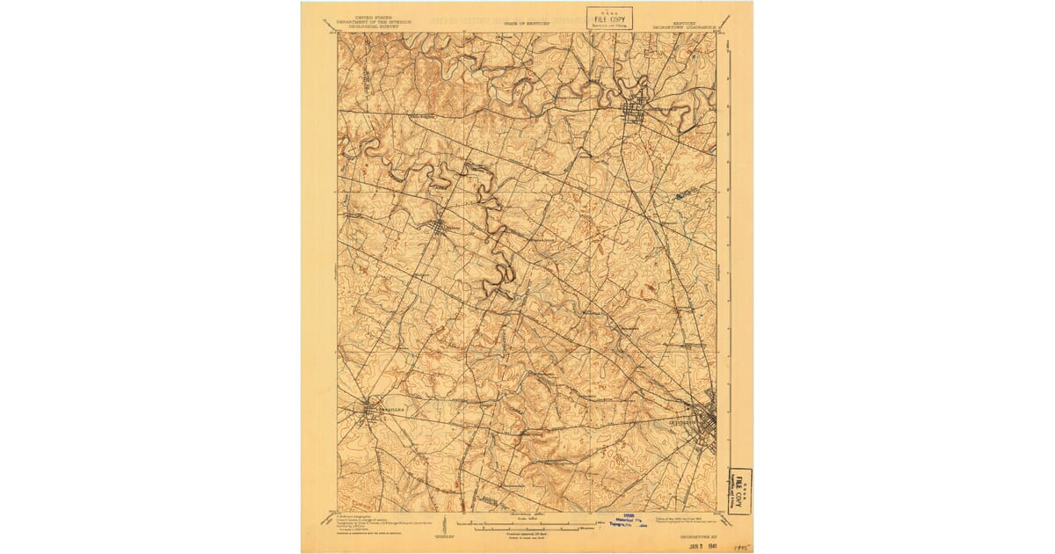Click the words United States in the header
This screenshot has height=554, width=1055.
coord(370,18)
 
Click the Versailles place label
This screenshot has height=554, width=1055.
coord(388,410)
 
